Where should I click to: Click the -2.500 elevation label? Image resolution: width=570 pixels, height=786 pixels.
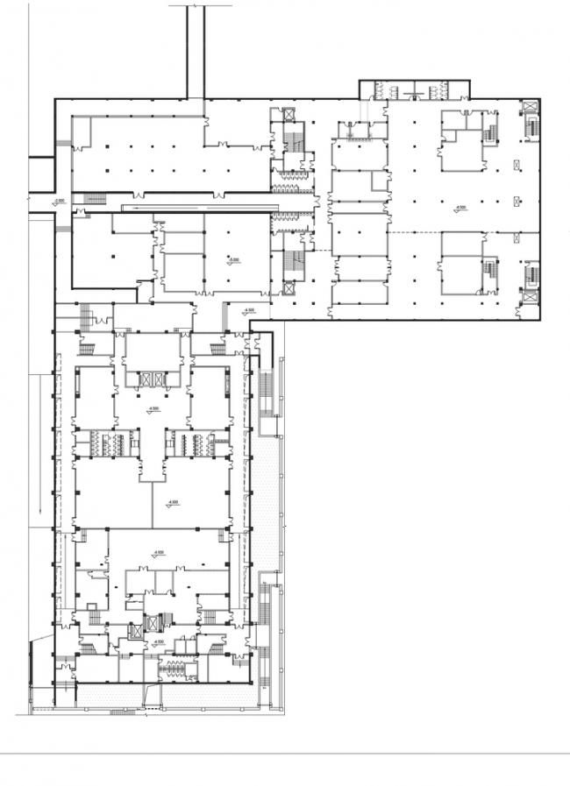59,202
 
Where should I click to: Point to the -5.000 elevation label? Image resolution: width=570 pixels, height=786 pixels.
234,260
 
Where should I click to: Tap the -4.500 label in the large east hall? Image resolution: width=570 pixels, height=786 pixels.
460,209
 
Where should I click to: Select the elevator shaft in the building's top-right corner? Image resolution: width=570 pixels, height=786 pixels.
531,109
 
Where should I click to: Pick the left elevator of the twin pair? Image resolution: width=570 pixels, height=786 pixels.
146,379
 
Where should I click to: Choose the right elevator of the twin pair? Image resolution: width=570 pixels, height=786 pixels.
159,379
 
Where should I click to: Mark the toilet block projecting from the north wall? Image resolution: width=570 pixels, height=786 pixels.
414,89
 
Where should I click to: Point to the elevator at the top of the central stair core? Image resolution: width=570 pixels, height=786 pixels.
287,113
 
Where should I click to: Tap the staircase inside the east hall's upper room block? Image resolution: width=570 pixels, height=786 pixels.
489,136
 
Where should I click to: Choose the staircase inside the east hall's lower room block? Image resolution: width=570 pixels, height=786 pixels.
489,271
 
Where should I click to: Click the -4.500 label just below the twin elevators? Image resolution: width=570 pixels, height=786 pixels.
153,409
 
